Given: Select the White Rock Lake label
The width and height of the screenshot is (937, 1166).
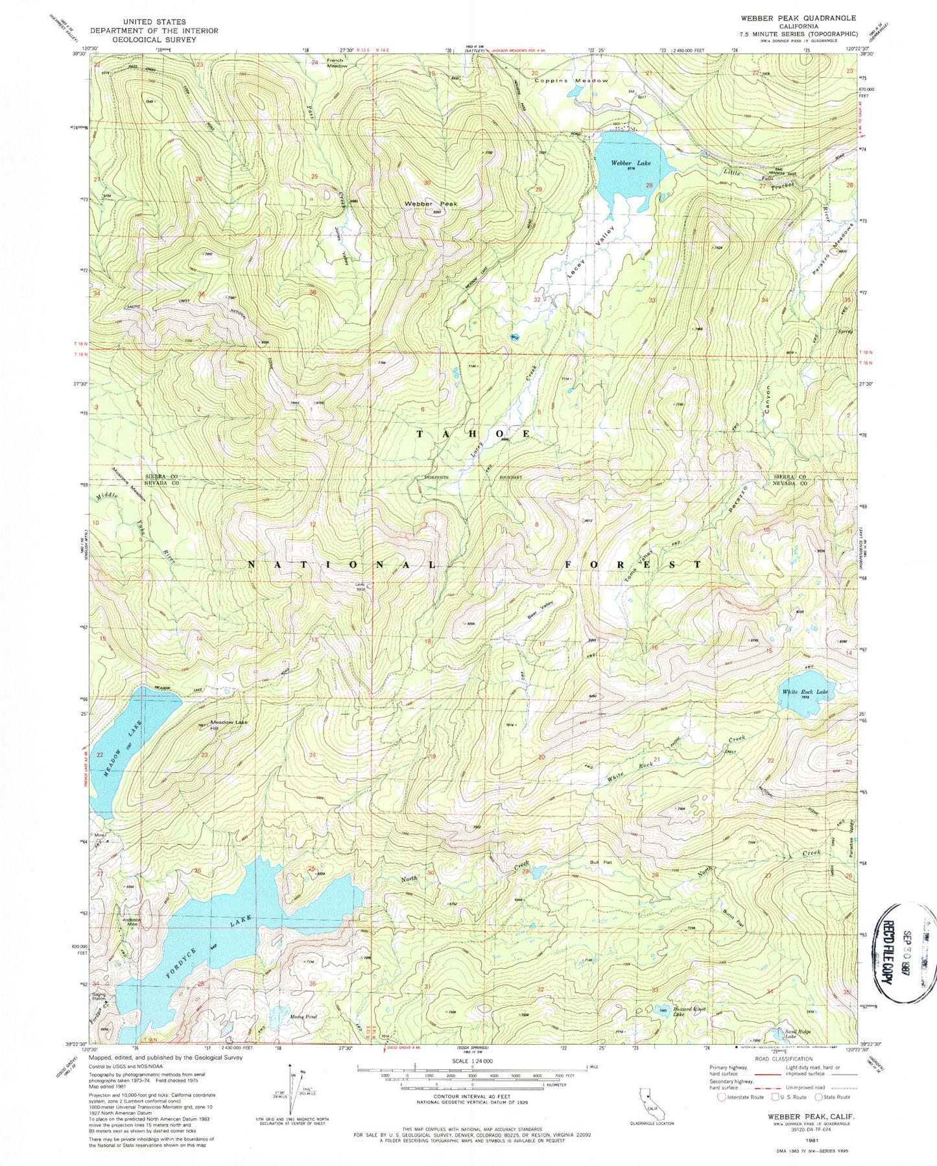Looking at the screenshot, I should (x=805, y=693).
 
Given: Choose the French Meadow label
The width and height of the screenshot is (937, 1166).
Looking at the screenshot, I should (x=337, y=64).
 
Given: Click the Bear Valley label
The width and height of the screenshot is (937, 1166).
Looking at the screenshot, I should (x=538, y=610).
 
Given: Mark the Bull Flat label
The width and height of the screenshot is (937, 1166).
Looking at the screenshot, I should (x=600, y=863).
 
